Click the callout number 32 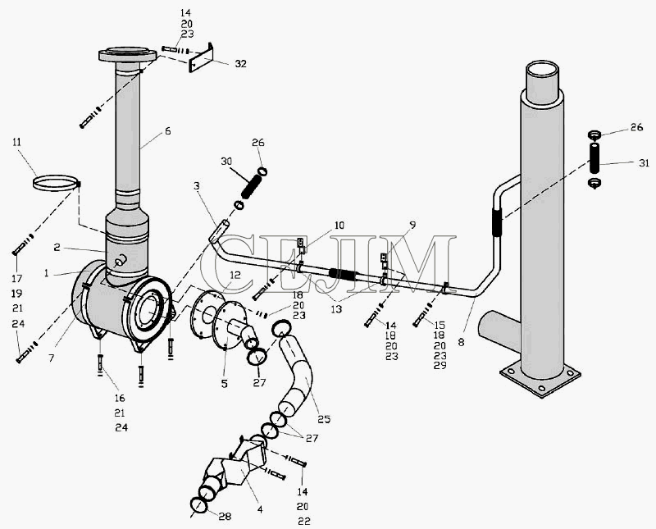240,64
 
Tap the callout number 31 644,163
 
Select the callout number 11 16,142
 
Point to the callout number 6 168,131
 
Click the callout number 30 226,161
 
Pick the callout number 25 324,419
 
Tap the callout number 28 225,517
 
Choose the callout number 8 461,342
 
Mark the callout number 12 235,275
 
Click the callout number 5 225,383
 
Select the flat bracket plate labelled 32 201,58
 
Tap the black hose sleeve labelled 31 594,157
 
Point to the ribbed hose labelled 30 252,187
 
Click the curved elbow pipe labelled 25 295,372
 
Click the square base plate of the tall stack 540,379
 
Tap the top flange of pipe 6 128,54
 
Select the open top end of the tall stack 542,69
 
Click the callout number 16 120,398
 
